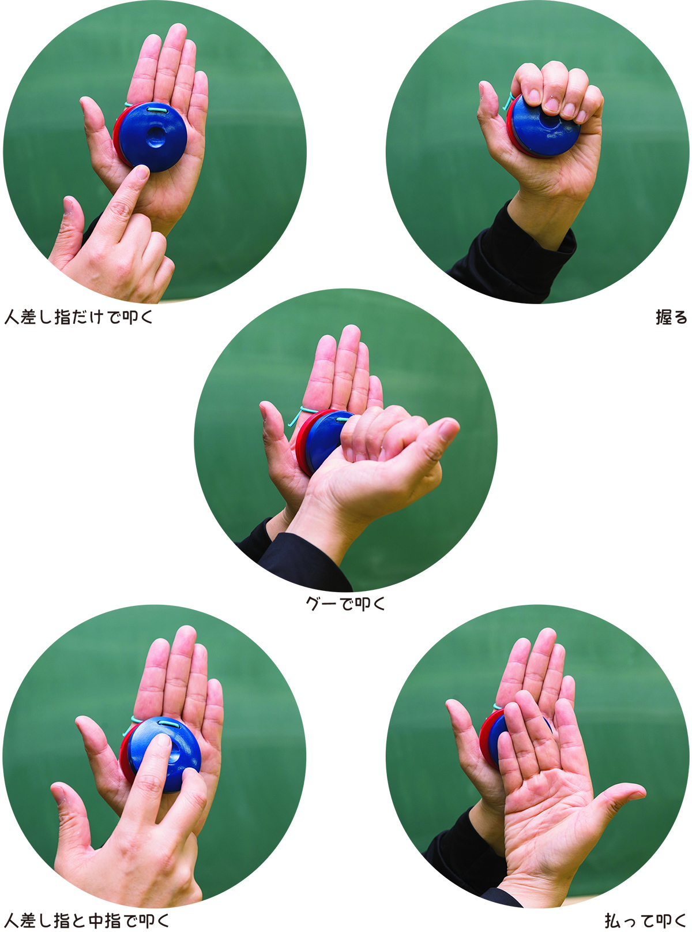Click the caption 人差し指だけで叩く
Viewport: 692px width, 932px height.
click(x=79, y=317)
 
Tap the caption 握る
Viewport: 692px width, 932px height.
click(x=672, y=317)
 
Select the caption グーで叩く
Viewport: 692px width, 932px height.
click(x=345, y=604)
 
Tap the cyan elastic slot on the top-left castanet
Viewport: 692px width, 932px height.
click(x=157, y=110)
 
